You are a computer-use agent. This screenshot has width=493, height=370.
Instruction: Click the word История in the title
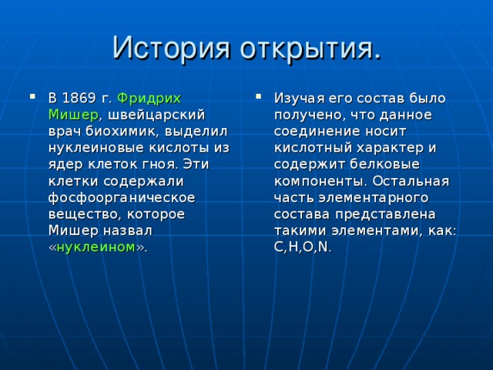click(x=169, y=47)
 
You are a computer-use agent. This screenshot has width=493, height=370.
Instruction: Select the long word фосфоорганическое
click(x=121, y=198)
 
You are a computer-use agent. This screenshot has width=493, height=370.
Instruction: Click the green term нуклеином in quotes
click(x=96, y=247)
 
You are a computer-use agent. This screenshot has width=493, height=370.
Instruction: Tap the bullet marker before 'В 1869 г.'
click(x=32, y=98)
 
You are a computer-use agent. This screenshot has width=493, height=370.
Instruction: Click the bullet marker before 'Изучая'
click(x=257, y=98)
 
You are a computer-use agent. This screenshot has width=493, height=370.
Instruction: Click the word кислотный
click(x=311, y=148)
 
